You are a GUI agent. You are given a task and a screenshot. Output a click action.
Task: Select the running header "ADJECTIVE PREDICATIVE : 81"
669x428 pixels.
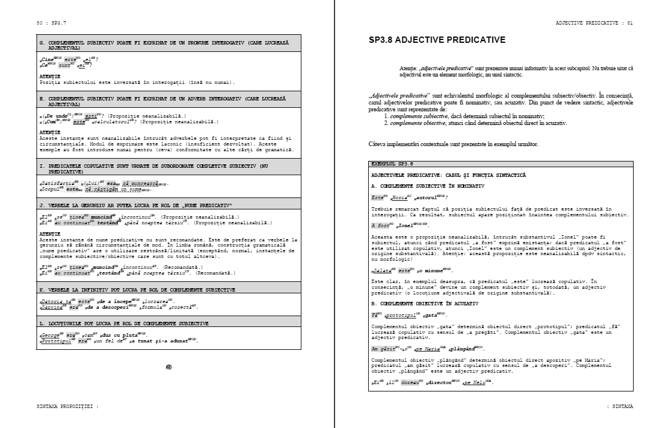pos(594,23)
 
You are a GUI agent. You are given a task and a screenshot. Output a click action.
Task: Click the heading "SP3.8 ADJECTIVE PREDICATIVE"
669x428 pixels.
pos(437,40)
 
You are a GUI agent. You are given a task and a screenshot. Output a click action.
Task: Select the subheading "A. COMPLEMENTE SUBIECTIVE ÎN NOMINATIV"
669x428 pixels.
pos(428,186)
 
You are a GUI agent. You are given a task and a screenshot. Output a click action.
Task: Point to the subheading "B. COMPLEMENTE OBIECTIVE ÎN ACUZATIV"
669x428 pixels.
pos(425,304)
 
